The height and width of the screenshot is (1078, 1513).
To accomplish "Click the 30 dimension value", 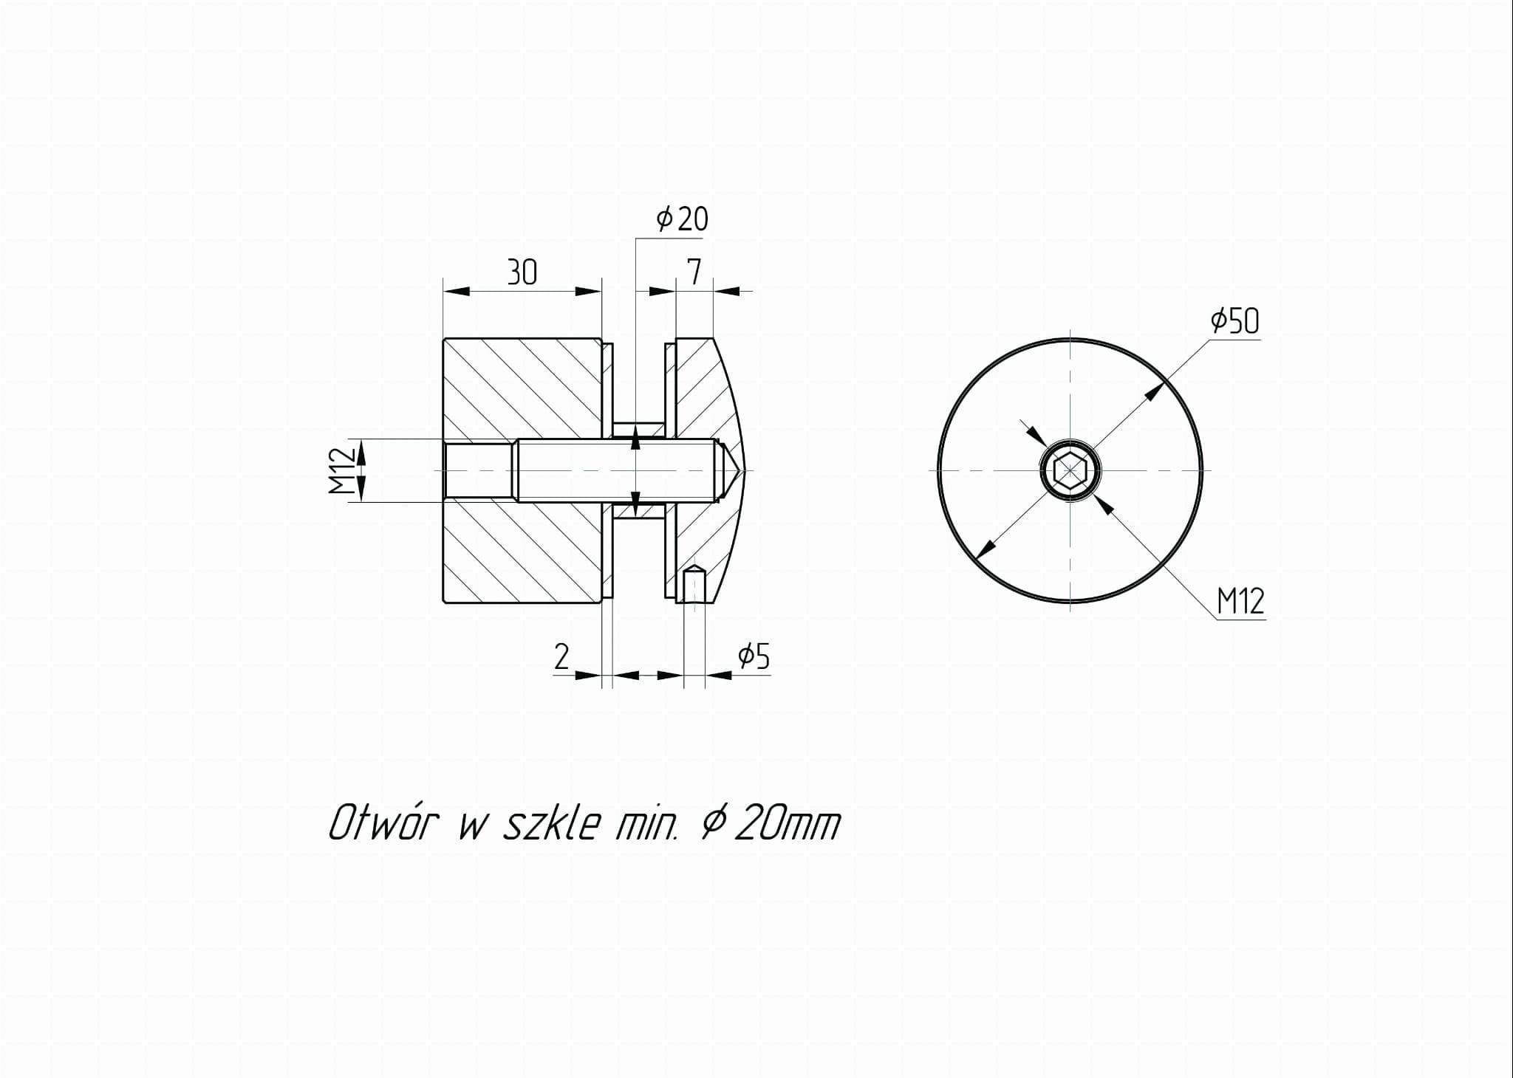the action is [x=522, y=272].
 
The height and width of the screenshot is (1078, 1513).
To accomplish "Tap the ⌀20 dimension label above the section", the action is [x=682, y=219].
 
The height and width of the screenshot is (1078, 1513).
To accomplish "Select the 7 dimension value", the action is [x=694, y=272].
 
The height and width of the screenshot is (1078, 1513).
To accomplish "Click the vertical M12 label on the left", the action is [x=339, y=471].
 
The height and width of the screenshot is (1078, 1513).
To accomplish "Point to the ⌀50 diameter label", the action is [x=1234, y=320].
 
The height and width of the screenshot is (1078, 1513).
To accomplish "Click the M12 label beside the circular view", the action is [x=1241, y=601].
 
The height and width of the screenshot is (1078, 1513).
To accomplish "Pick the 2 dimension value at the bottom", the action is [x=561, y=656].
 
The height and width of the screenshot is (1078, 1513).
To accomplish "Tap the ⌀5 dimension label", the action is [x=754, y=656].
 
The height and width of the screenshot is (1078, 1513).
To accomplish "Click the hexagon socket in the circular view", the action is [x=1070, y=470].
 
